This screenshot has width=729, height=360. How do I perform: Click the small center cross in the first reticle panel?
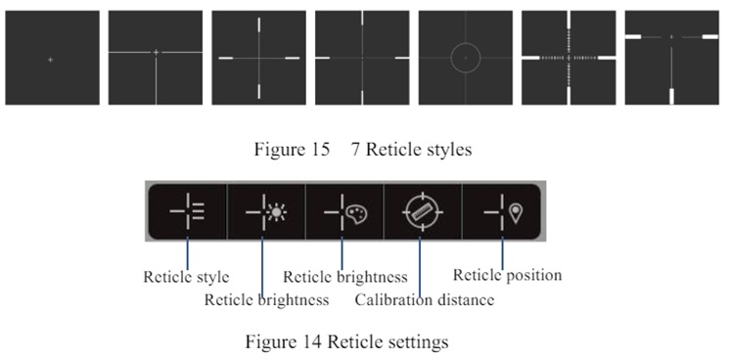[50, 60]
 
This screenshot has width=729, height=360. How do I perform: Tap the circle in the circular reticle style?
[466, 43]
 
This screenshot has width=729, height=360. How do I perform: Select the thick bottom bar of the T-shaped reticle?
[671, 96]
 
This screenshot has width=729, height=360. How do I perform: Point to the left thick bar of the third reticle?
[225, 58]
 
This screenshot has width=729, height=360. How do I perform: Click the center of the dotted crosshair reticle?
[569, 58]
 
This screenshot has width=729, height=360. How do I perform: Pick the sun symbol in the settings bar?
[277, 212]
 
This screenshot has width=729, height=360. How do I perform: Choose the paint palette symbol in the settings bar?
[357, 214]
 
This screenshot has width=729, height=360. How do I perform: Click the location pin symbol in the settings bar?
[516, 213]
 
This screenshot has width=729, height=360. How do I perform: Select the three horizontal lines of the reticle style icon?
[198, 211]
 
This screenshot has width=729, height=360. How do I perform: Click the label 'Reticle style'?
[186, 277]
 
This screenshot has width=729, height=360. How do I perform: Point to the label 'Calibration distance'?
[424, 300]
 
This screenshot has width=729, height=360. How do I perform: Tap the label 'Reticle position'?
[507, 275]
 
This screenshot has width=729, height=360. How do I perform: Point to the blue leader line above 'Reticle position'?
[502, 252]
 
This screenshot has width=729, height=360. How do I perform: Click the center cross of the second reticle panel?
[156, 53]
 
